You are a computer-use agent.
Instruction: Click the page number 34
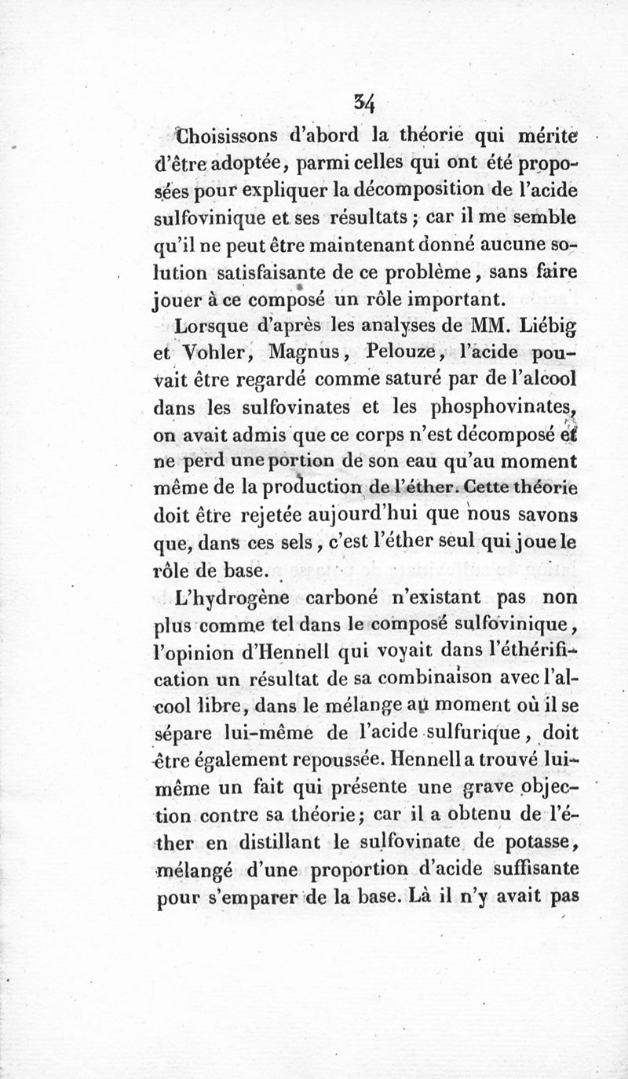(364, 101)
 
